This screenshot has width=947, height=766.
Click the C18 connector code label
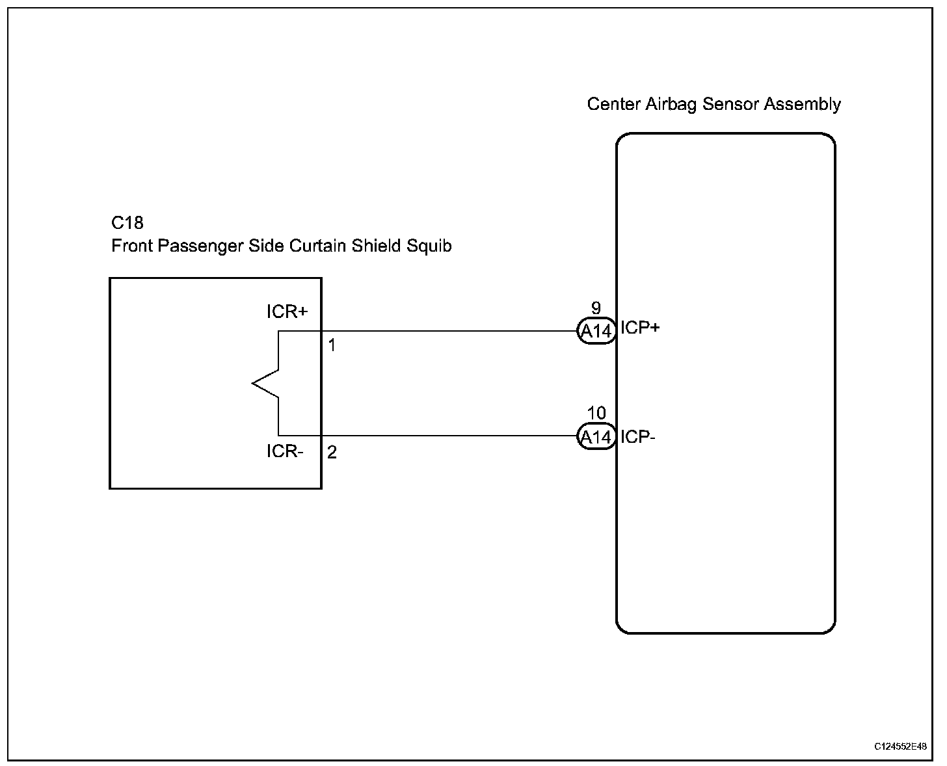click(x=127, y=223)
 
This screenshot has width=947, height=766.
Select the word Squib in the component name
click(x=429, y=246)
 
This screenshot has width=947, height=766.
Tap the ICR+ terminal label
click(x=287, y=311)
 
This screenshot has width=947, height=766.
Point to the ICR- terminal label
click(x=285, y=451)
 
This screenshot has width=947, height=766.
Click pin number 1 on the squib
click(x=332, y=345)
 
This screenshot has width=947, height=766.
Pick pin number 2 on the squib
click(x=332, y=453)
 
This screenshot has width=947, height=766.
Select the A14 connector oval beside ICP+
click(x=596, y=332)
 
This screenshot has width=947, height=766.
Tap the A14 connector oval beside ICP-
click(x=596, y=437)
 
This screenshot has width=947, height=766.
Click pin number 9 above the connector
click(x=596, y=308)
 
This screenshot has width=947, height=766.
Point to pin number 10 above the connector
click(x=596, y=413)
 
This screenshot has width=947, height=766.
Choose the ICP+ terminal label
click(x=640, y=328)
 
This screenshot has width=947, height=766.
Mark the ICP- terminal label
click(x=637, y=437)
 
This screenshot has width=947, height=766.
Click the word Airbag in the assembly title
click(x=670, y=105)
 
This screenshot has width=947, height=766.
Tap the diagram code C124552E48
click(x=900, y=747)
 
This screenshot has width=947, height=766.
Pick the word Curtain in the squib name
click(x=317, y=246)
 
